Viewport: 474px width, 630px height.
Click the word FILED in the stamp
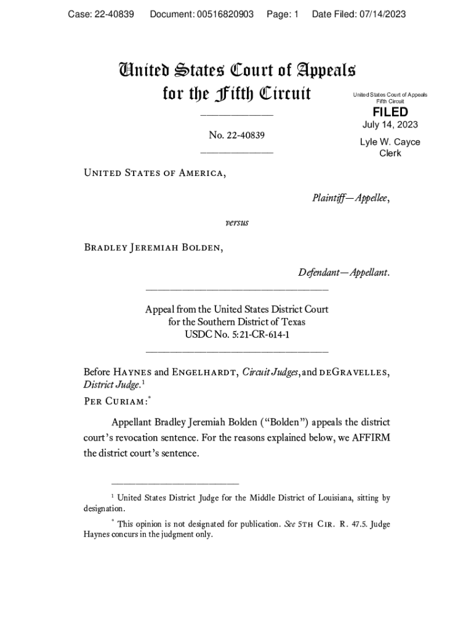(390, 112)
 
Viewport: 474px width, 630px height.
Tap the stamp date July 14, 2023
(390, 125)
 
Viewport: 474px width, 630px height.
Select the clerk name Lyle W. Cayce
(390, 142)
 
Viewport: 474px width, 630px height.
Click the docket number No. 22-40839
(237, 135)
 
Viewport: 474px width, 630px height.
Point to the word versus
(237, 222)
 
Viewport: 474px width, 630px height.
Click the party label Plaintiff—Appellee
(351, 198)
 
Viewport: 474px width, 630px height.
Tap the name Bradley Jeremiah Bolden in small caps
(153, 247)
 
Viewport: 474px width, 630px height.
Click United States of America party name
(155, 173)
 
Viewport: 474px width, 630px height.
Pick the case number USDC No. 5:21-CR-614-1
(237, 335)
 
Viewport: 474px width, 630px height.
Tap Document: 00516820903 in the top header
(202, 14)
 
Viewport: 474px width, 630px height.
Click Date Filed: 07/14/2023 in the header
(359, 14)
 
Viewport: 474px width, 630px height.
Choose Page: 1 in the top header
(283, 14)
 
